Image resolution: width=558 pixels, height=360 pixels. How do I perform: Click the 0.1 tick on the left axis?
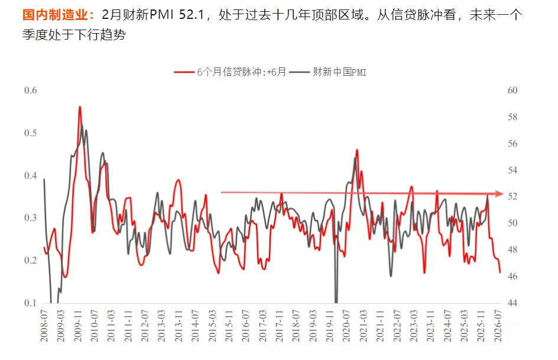tap(30, 303)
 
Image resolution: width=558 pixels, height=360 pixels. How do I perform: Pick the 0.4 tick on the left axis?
tap(30, 175)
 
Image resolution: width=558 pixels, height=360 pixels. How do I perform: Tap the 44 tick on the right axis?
tap(512, 303)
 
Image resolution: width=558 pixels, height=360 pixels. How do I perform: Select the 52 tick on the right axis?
tap(512, 196)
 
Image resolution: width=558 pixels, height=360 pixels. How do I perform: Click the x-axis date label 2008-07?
tap(44, 326)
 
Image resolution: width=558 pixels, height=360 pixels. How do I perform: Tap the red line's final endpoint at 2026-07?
tap(500, 273)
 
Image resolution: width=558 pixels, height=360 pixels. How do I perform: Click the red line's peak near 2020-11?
tap(357, 150)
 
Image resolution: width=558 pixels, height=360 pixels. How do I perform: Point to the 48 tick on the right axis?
tap(512, 249)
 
